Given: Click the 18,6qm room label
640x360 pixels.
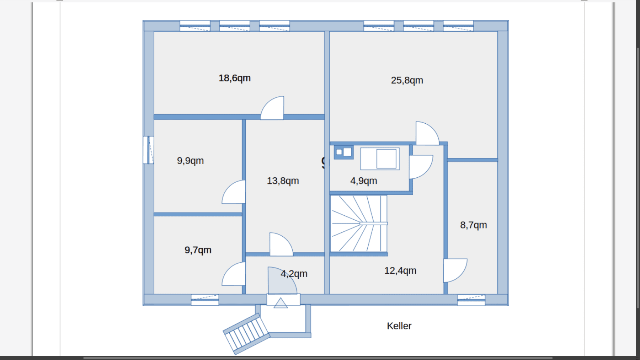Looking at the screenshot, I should tap(234, 78).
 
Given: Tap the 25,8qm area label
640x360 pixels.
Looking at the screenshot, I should tap(407, 80).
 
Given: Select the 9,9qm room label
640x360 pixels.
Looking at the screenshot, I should tap(190, 161).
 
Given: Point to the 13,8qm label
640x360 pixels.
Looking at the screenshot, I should tap(283, 181).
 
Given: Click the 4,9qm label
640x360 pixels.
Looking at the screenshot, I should tap(363, 181).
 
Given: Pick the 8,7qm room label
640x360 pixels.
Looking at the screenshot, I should tap(473, 225).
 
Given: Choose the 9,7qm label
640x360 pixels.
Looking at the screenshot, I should tap(198, 250).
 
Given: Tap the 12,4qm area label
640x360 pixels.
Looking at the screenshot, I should tap(400, 271).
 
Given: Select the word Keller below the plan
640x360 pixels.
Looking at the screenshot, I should tap(399, 326).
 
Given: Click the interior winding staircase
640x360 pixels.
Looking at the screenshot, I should tap(358, 224).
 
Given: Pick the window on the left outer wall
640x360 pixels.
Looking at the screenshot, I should tap(149, 150).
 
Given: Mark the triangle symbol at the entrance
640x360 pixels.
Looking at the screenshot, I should tap(281, 303).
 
